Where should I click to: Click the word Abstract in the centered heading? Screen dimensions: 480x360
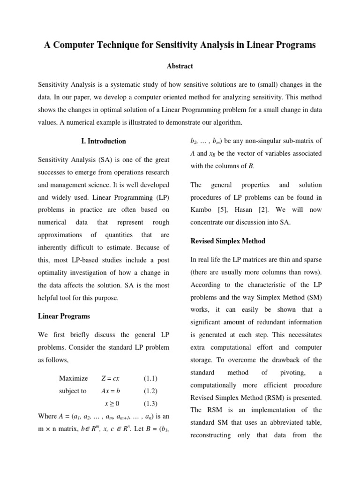point(180,66)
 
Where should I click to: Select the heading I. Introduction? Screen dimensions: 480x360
point(104,141)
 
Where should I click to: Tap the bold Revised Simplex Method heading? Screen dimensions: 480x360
point(228,241)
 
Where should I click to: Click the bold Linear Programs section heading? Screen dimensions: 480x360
point(64,316)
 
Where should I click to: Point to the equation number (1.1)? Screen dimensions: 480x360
point(150,378)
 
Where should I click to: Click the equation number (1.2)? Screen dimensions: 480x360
point(150,391)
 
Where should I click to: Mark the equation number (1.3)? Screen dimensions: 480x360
point(150,403)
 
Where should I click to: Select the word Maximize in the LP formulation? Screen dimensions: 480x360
point(73,378)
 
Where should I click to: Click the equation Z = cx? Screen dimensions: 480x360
point(111,378)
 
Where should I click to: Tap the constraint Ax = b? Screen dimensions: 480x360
point(111,391)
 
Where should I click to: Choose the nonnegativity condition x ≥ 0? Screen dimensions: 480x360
point(112,403)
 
